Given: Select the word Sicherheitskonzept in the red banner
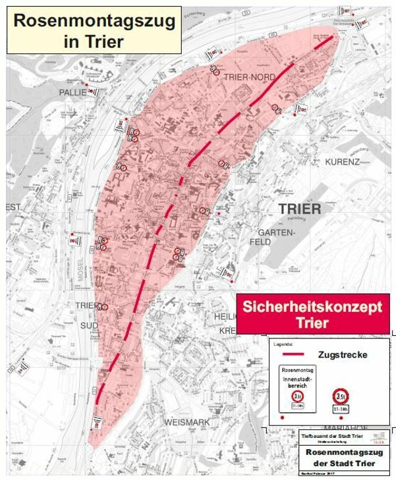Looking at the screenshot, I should coord(312,307).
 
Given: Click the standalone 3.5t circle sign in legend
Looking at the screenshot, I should coord(341,396).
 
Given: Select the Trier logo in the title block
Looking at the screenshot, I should coord(380,437).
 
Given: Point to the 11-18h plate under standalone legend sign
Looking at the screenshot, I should coord(341,409).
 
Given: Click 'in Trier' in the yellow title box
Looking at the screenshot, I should coord(95,41).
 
